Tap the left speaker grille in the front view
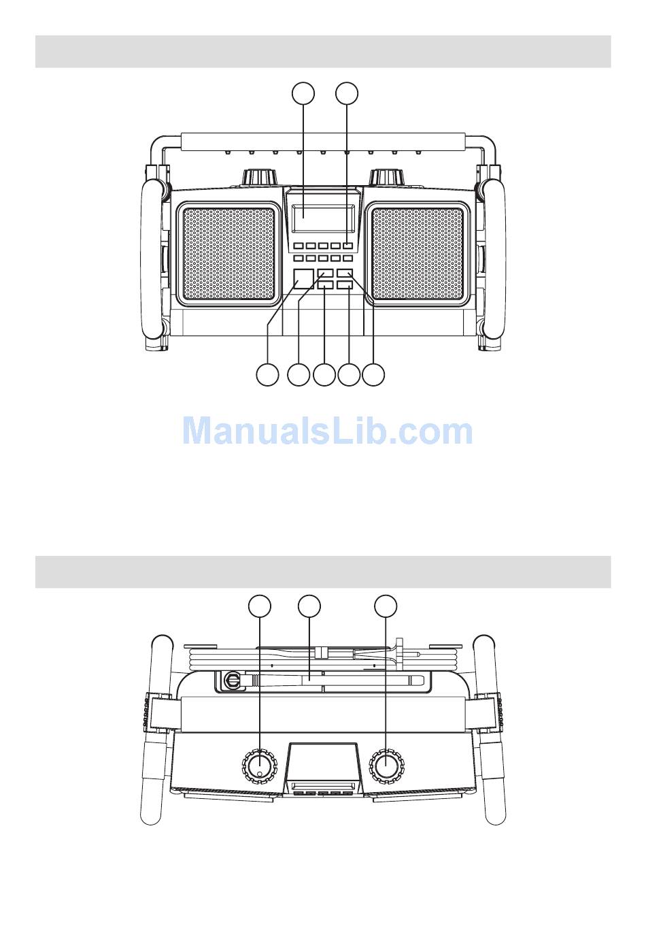tap(228, 254)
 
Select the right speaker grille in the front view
tap(418, 254)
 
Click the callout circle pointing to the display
tap(303, 93)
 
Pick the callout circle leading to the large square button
tap(267, 374)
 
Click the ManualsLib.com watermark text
tap(327, 431)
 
